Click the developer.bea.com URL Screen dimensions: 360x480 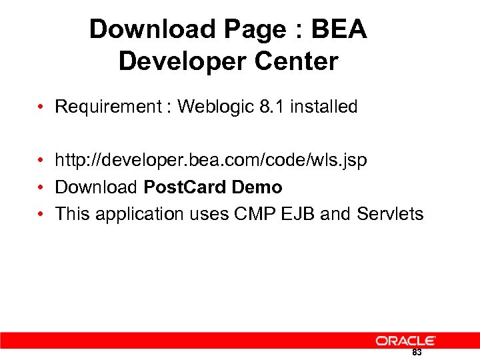pos(211,161)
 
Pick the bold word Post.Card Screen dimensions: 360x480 pos(185,187)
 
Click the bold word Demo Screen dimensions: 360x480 pos(257,187)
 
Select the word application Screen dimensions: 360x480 pos(139,214)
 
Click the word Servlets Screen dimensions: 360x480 pos(390,214)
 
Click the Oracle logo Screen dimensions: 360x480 pos(405,341)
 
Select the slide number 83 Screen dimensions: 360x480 pos(417,353)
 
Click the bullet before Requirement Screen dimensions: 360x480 pos(41,107)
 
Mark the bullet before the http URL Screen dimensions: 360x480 pos(41,161)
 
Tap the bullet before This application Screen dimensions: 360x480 pos(41,215)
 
